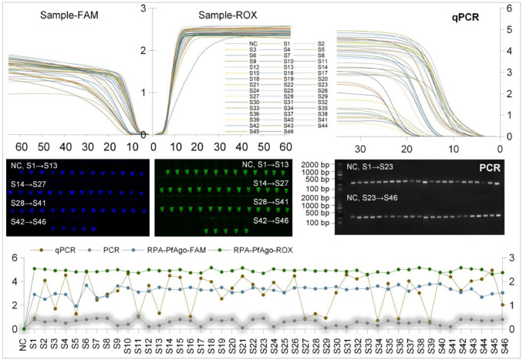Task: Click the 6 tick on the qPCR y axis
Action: click(x=511, y=8)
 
